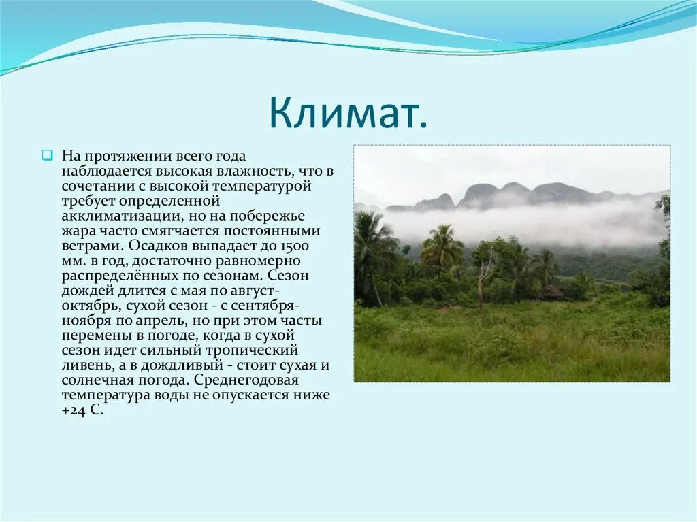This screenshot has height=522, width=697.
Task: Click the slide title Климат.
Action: coord(348,112)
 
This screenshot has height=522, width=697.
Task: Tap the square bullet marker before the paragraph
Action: coord(47,155)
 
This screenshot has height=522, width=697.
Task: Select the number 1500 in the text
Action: coord(294,246)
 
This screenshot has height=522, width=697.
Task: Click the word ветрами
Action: coord(93,246)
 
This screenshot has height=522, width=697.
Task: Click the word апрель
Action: coord(158,321)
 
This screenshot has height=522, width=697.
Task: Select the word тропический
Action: coord(251,350)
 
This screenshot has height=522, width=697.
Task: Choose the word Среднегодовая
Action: coord(246,380)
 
